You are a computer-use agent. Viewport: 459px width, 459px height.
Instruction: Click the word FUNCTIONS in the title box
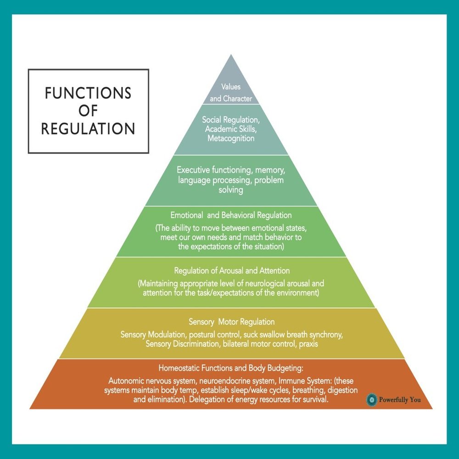[x=88, y=93]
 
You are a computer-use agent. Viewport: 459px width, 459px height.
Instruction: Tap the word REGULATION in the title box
[x=88, y=129]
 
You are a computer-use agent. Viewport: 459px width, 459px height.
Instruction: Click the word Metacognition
[x=231, y=138]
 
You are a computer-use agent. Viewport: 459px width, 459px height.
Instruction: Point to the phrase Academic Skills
[x=231, y=129]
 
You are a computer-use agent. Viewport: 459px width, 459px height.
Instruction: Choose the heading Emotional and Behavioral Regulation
[x=231, y=215]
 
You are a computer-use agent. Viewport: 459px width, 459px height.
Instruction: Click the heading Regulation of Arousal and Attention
[x=232, y=271]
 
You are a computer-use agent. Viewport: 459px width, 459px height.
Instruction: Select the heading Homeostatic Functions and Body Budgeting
[x=232, y=368]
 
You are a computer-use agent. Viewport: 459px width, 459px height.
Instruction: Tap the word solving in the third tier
[x=231, y=190]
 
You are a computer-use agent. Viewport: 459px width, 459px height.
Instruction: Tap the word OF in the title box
[x=88, y=111]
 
